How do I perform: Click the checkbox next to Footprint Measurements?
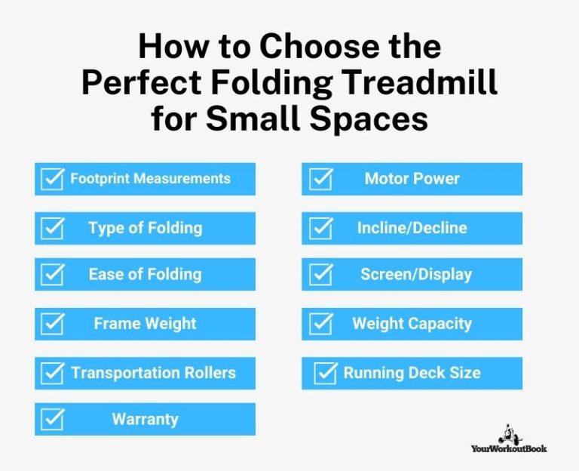(x=52, y=179)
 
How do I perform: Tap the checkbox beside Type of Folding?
(x=52, y=228)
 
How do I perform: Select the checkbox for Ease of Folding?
(x=52, y=275)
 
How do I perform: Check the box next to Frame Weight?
(x=52, y=324)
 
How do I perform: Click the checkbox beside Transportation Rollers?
(x=52, y=373)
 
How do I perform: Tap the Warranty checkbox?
(x=52, y=420)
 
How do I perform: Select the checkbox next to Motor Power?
(x=321, y=179)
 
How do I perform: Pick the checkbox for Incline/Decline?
(x=321, y=228)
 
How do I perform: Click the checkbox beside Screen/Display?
(x=321, y=275)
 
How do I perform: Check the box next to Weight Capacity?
(x=321, y=324)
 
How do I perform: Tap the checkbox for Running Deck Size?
(x=326, y=373)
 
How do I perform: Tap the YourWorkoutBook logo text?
(x=510, y=448)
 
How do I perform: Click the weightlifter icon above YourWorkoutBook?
(x=508, y=432)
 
